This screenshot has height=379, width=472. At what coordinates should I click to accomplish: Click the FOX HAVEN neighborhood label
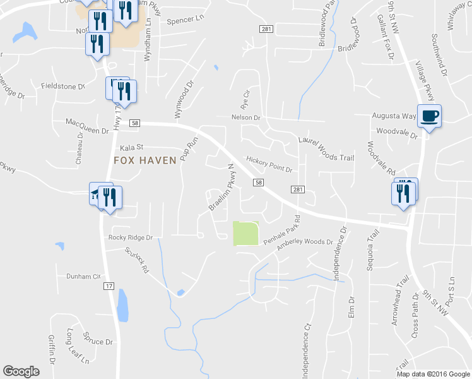click(x=145, y=160)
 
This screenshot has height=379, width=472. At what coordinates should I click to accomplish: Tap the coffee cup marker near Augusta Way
click(x=430, y=116)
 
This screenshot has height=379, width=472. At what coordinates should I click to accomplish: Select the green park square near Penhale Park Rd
click(x=246, y=234)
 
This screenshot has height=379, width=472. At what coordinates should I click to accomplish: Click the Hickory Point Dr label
click(x=269, y=165)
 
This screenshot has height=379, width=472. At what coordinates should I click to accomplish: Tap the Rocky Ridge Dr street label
click(x=131, y=238)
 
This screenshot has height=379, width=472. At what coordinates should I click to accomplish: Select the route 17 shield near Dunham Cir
click(x=109, y=286)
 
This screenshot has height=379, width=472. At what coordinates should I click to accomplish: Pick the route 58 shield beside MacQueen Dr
click(x=134, y=123)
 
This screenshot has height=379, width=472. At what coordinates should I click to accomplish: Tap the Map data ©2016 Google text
click(x=433, y=374)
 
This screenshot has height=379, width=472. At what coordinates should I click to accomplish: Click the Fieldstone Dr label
click(x=62, y=86)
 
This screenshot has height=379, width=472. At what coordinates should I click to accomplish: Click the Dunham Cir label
click(x=83, y=277)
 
